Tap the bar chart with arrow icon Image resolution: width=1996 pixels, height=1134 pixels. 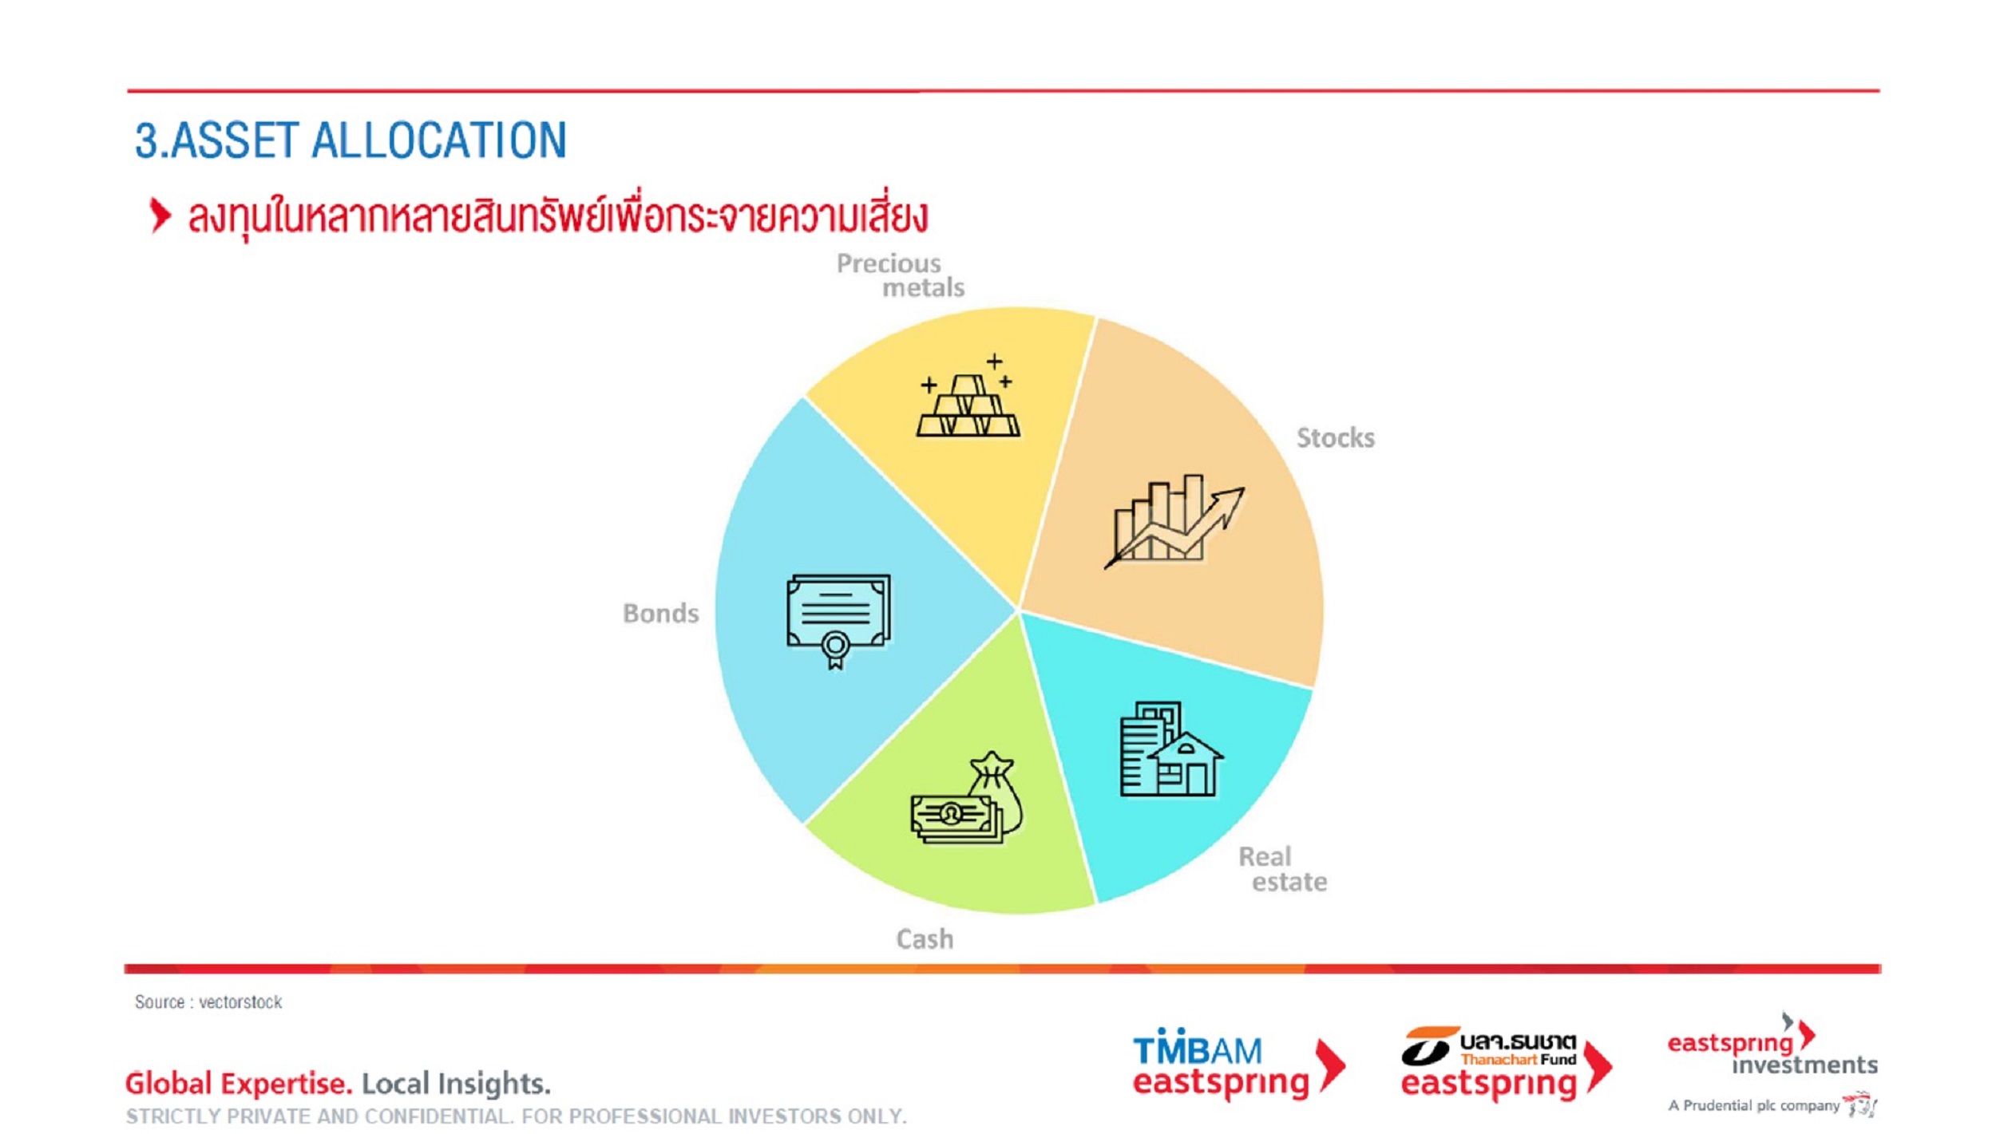(x=1174, y=521)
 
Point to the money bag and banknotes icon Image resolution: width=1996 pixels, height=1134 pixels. (x=967, y=797)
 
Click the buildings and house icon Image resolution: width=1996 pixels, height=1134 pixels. (x=1171, y=749)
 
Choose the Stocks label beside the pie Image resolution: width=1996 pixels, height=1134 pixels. (x=1335, y=438)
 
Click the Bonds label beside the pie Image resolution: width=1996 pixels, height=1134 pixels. (x=660, y=614)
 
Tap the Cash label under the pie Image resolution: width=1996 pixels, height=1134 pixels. (x=925, y=939)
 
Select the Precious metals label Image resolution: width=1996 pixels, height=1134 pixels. (x=901, y=275)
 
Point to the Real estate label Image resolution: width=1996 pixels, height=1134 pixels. (x=1282, y=869)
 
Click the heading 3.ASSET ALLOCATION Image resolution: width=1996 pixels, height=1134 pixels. (x=350, y=140)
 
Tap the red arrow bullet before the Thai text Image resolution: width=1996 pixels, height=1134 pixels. (x=160, y=215)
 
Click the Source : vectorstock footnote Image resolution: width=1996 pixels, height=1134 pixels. (x=208, y=1002)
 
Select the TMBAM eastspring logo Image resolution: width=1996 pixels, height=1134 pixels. (x=1238, y=1064)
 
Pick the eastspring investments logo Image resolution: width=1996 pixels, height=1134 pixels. (x=1772, y=1045)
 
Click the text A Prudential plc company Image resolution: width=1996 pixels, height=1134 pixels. (x=1753, y=1105)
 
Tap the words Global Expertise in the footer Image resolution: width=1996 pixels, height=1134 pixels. (x=238, y=1083)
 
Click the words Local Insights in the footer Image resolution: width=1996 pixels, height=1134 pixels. (x=456, y=1083)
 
